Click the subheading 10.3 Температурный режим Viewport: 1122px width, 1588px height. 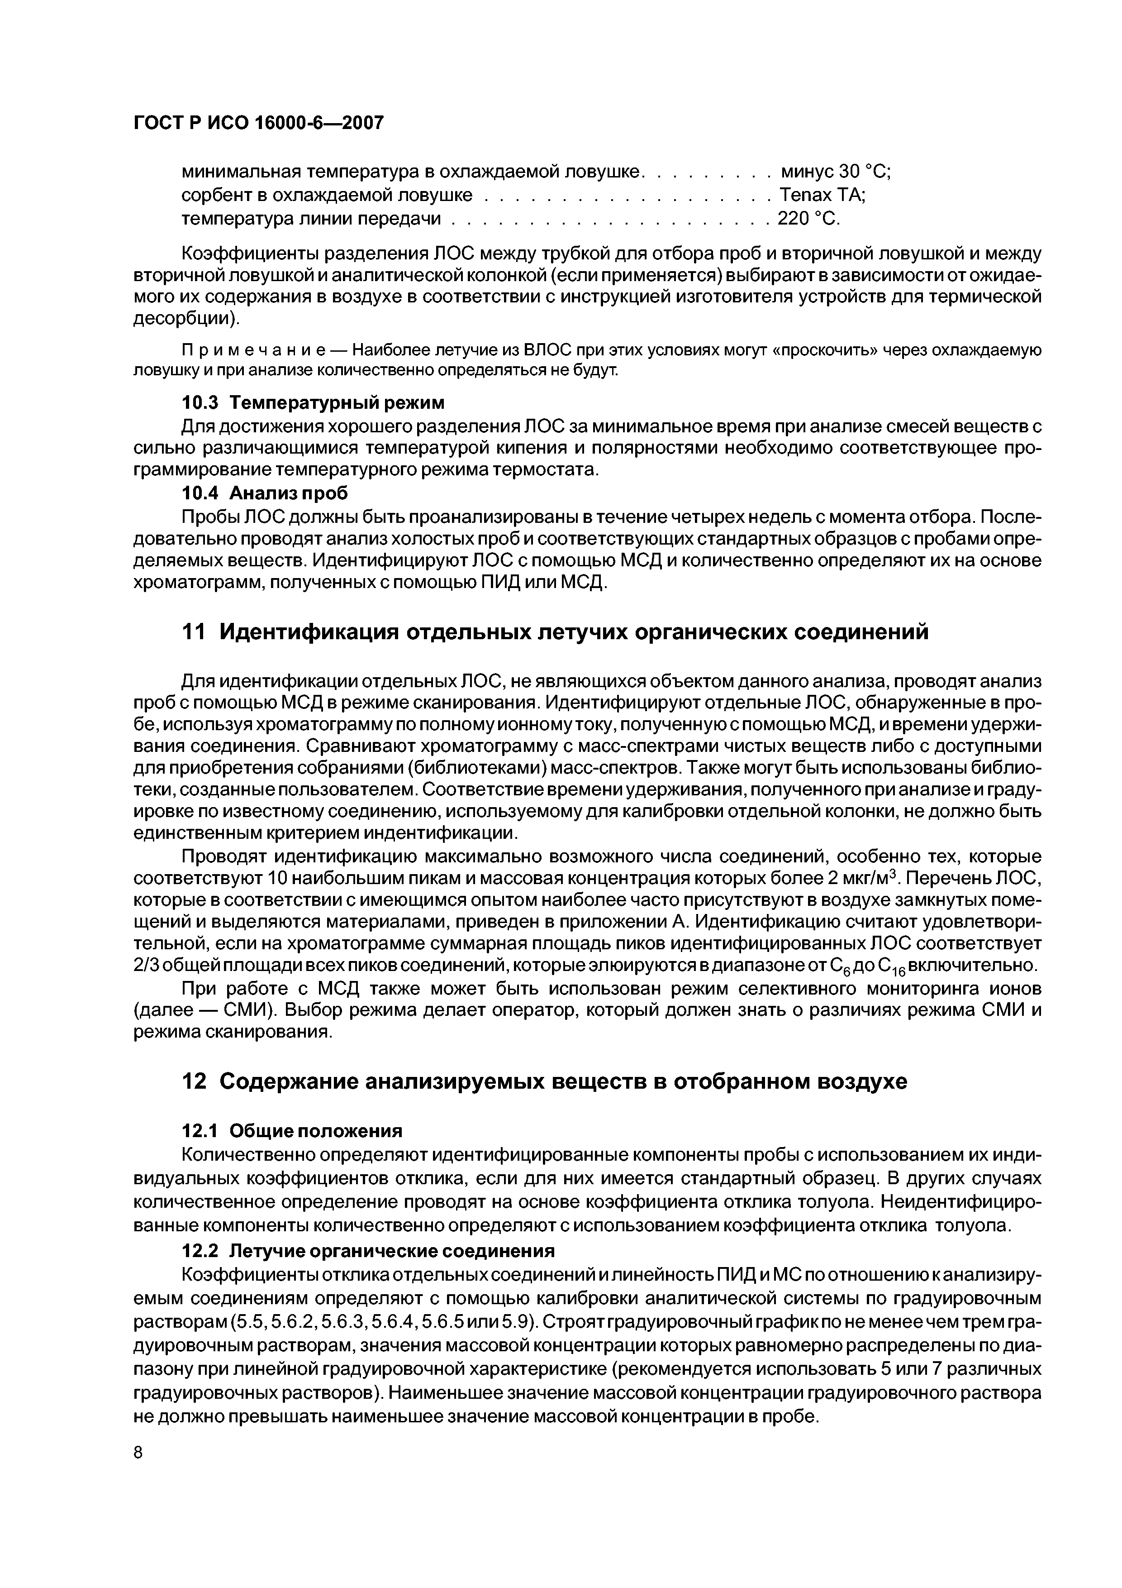[313, 402]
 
